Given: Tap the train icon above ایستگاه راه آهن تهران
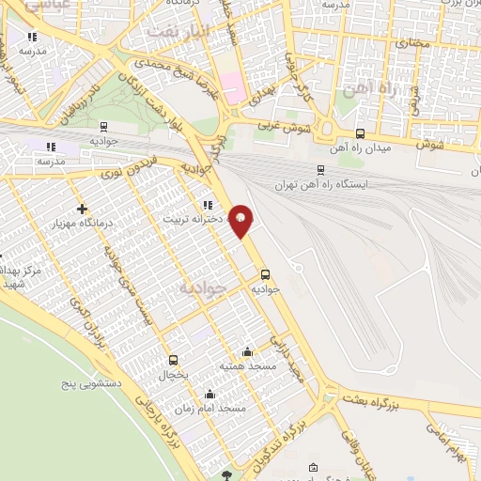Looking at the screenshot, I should pyautogui.click(x=321, y=170).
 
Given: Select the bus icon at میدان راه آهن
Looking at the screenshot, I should pyautogui.click(x=362, y=133).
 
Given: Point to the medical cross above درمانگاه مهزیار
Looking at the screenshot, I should pyautogui.click(x=83, y=208).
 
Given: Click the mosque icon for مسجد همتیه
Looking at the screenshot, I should pyautogui.click(x=247, y=350).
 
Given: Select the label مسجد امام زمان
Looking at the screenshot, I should pyautogui.click(x=218, y=410).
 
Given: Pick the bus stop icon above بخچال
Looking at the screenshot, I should pyautogui.click(x=173, y=360).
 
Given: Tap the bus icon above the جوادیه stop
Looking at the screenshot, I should pyautogui.click(x=265, y=275).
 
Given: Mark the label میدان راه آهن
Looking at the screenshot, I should pyautogui.click(x=357, y=147).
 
